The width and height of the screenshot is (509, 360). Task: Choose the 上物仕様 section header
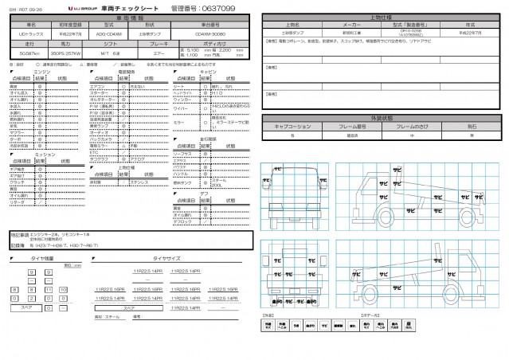click(x=382, y=16)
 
